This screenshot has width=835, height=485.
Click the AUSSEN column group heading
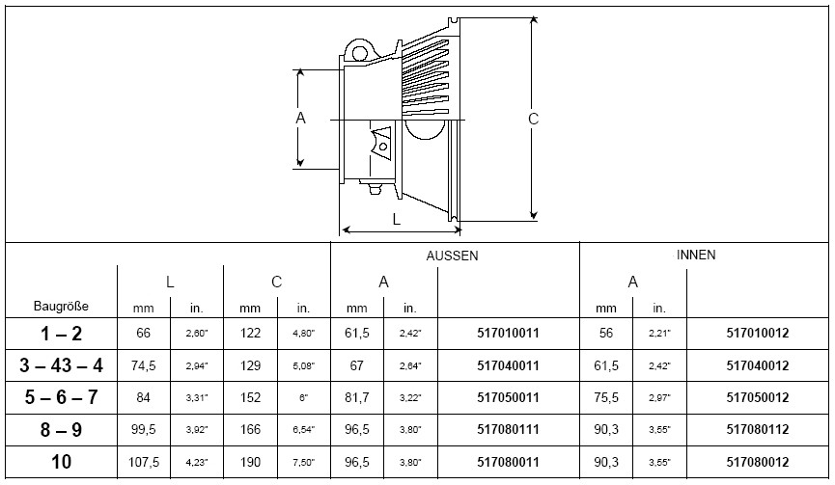[452, 256]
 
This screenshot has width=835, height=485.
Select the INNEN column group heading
[696, 255]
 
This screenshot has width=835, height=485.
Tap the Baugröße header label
[61, 307]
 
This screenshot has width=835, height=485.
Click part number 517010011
[508, 333]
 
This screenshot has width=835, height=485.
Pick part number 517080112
[757, 429]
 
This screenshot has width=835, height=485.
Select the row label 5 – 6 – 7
[61, 397]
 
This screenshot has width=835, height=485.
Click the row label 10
[61, 462]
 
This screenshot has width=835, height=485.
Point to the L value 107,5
[143, 462]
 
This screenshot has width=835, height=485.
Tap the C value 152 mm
[250, 397]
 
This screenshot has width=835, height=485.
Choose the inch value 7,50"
[303, 463]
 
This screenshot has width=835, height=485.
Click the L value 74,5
[143, 365]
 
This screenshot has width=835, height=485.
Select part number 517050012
[757, 397]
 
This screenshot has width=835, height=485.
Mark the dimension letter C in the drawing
[533, 119]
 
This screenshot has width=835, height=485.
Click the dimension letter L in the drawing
[396, 219]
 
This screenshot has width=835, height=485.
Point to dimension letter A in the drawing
[300, 118]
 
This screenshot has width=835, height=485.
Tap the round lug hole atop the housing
[359, 53]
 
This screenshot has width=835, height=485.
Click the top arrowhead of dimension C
[534, 19]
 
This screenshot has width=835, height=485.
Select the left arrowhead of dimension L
[346, 230]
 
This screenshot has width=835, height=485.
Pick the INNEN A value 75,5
[606, 397]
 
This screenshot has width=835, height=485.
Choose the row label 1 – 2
[61, 334]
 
